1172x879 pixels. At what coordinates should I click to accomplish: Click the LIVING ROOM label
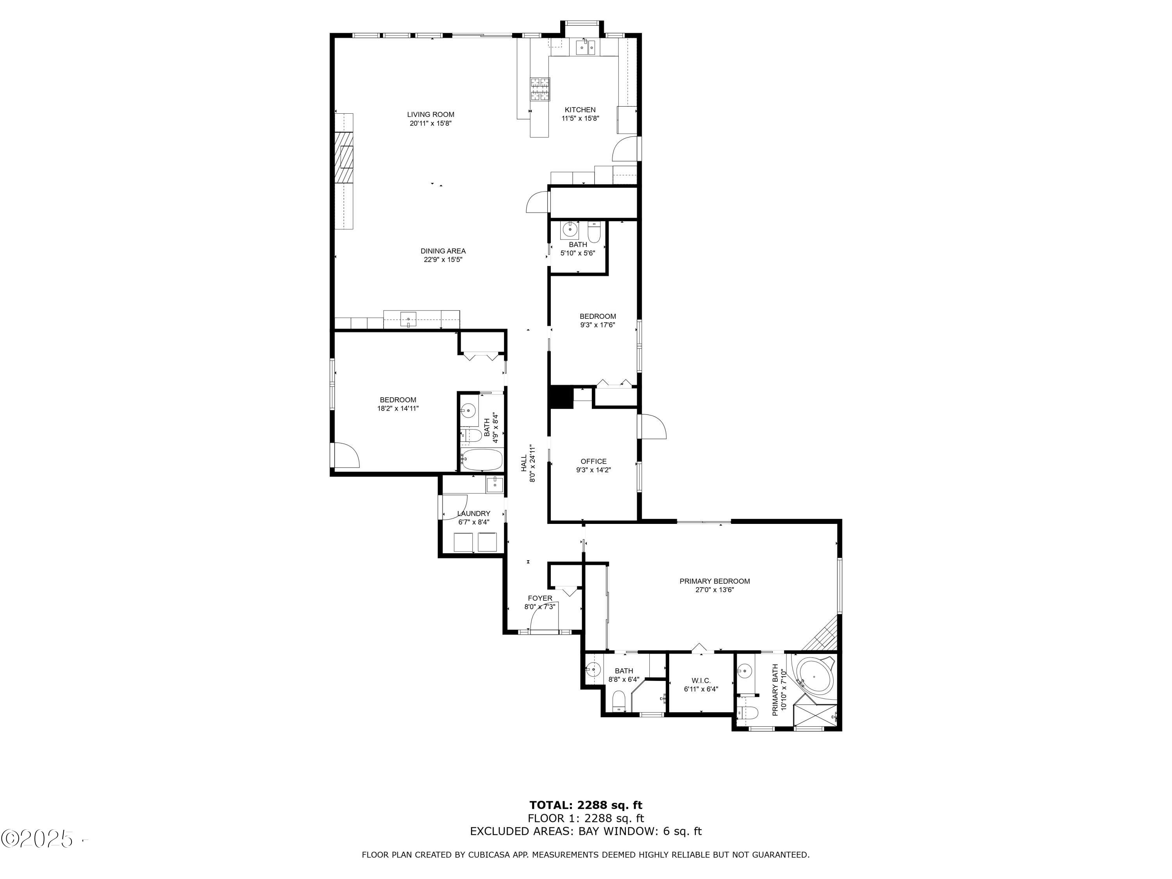click(430, 114)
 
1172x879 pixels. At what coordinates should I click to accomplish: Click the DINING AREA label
click(443, 251)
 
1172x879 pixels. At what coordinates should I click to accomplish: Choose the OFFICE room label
click(593, 461)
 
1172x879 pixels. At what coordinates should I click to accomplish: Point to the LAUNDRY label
click(473, 513)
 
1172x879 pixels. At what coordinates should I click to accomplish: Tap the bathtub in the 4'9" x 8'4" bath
click(481, 460)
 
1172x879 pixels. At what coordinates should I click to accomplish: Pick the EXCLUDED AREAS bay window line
click(586, 831)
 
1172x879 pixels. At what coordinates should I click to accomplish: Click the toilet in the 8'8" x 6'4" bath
click(619, 701)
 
